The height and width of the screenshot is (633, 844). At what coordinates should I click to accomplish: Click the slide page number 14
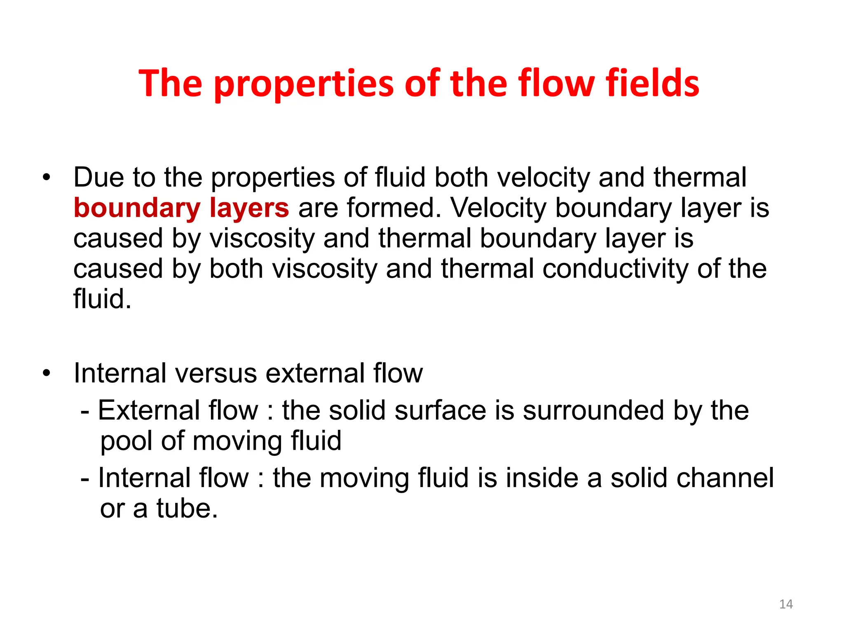[x=786, y=604]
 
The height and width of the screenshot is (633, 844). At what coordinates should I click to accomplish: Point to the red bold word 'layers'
[x=249, y=208]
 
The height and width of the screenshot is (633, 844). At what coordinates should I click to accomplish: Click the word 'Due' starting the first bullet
[x=98, y=178]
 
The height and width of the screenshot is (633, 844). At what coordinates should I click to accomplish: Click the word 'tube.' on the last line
[x=187, y=509]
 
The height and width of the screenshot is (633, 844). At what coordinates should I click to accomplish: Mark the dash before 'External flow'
[x=85, y=411]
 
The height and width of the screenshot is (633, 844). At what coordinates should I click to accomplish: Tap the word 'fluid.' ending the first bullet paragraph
[x=102, y=298]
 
